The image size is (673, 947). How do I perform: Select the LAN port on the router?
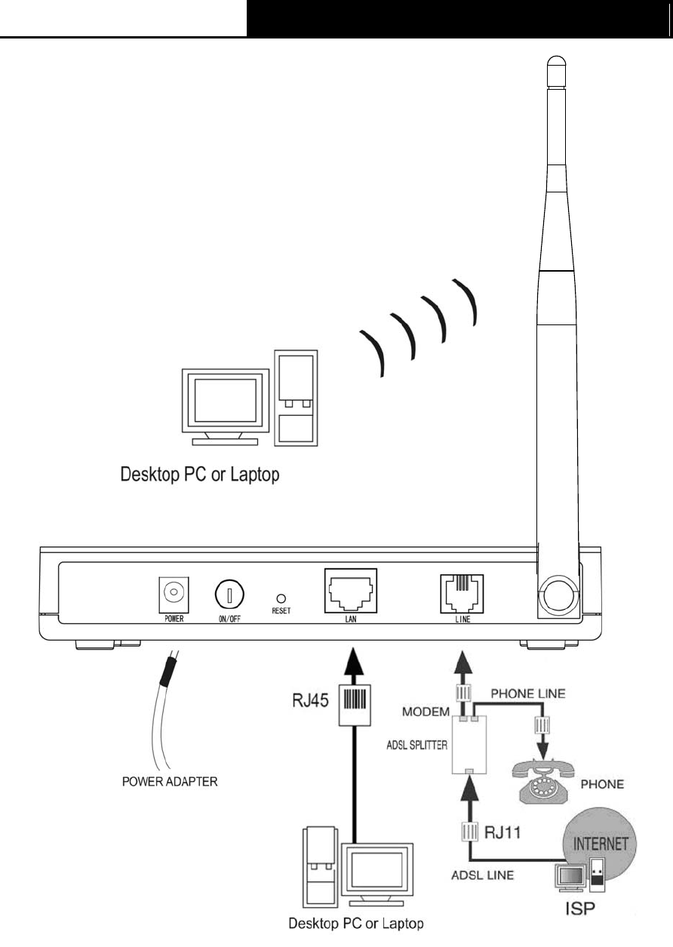351,592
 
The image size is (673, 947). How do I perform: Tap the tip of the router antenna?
558,60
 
